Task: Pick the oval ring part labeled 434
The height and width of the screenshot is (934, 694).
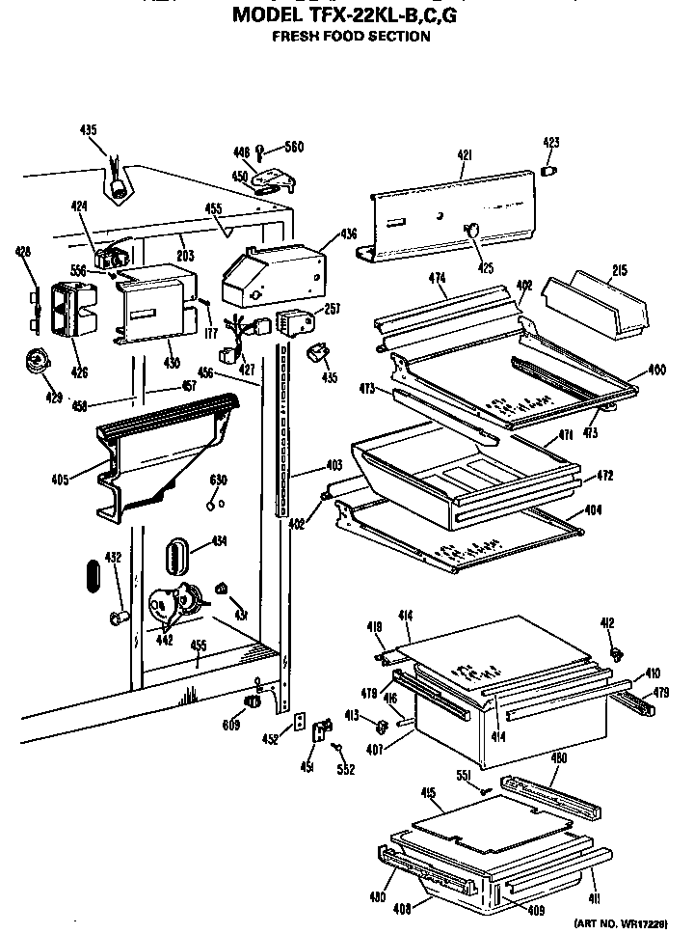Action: click(174, 556)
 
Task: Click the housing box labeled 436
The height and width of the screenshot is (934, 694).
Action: click(270, 272)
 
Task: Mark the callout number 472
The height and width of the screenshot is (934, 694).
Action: click(604, 476)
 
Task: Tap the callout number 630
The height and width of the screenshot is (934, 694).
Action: click(218, 481)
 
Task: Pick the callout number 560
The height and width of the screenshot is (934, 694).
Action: click(293, 148)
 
